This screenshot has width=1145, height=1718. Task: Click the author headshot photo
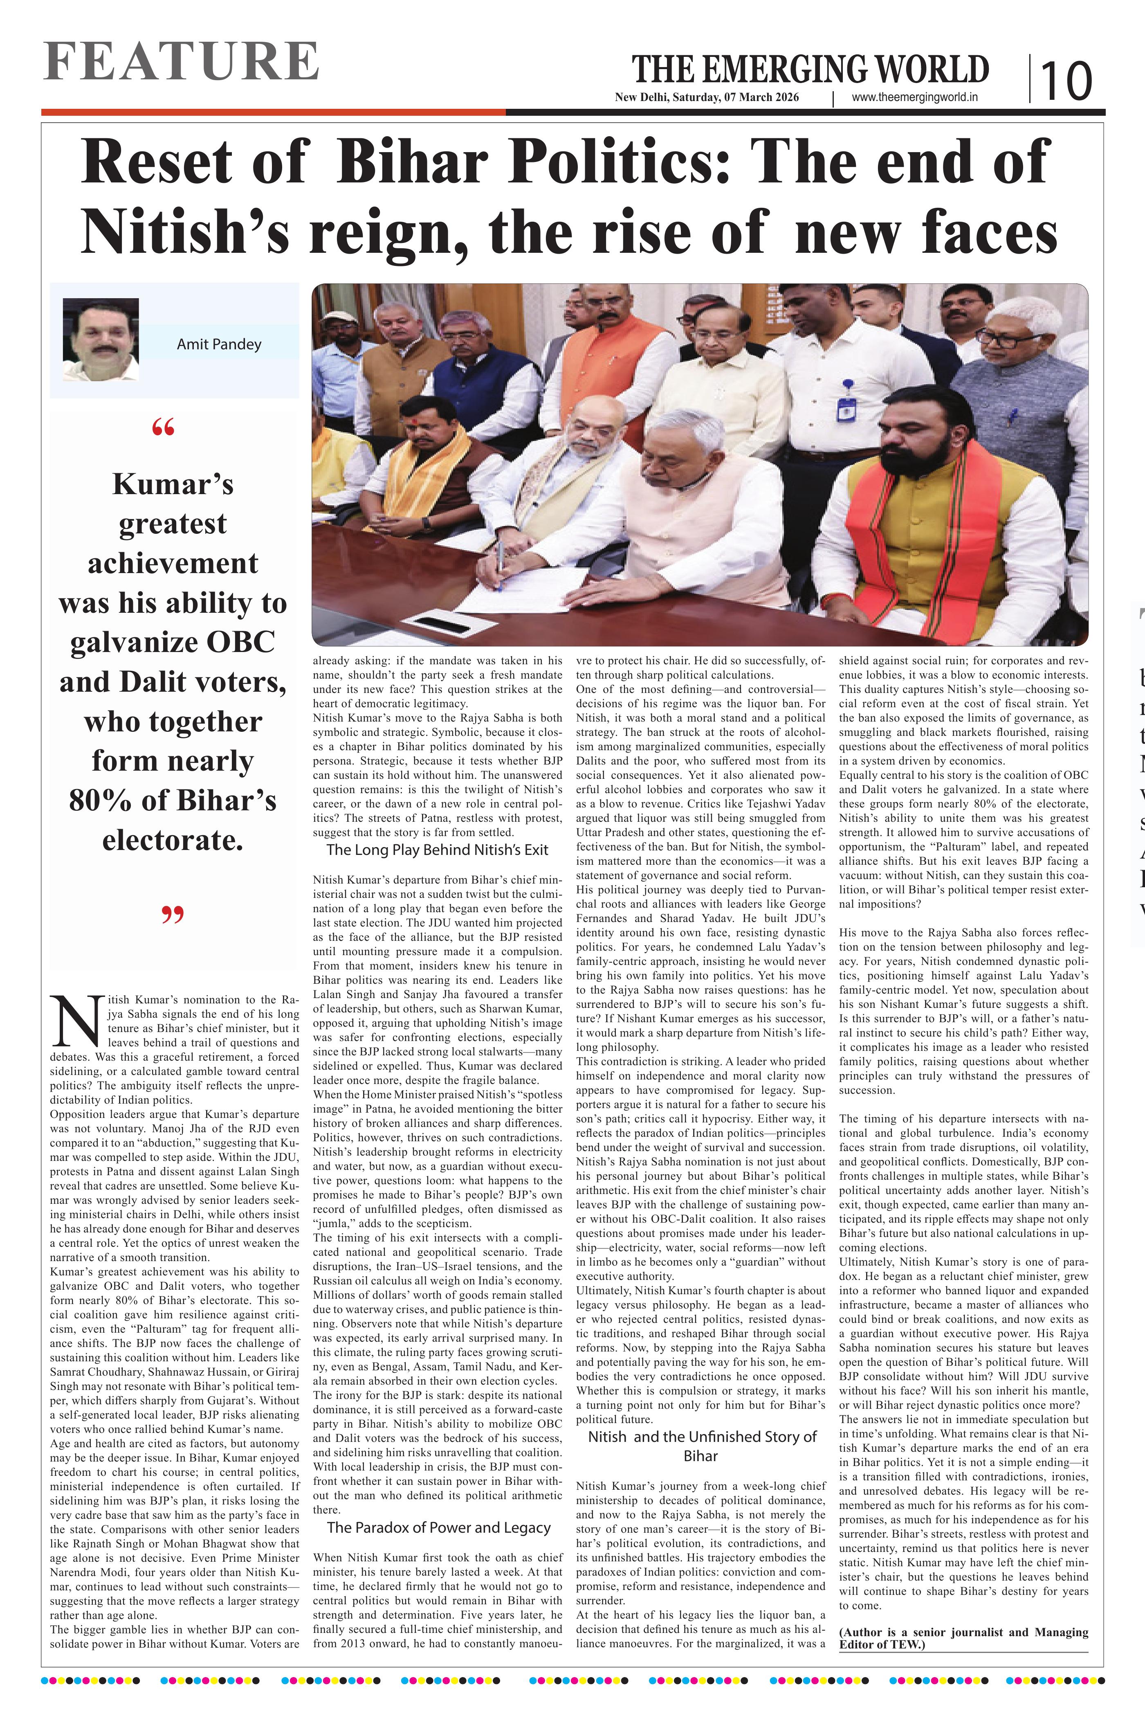(101, 339)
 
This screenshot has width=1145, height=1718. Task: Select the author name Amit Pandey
(219, 344)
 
